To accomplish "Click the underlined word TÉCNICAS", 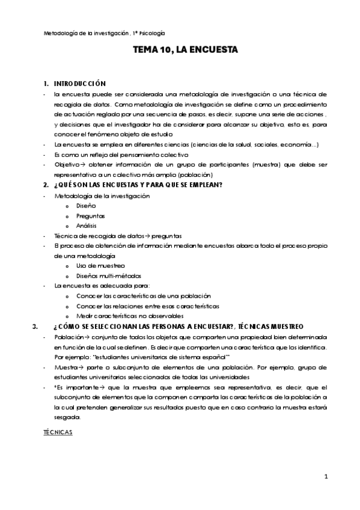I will [58, 432].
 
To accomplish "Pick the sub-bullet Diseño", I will [86, 205].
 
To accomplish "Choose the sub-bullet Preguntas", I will [90, 215].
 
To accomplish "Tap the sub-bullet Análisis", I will [88, 225].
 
